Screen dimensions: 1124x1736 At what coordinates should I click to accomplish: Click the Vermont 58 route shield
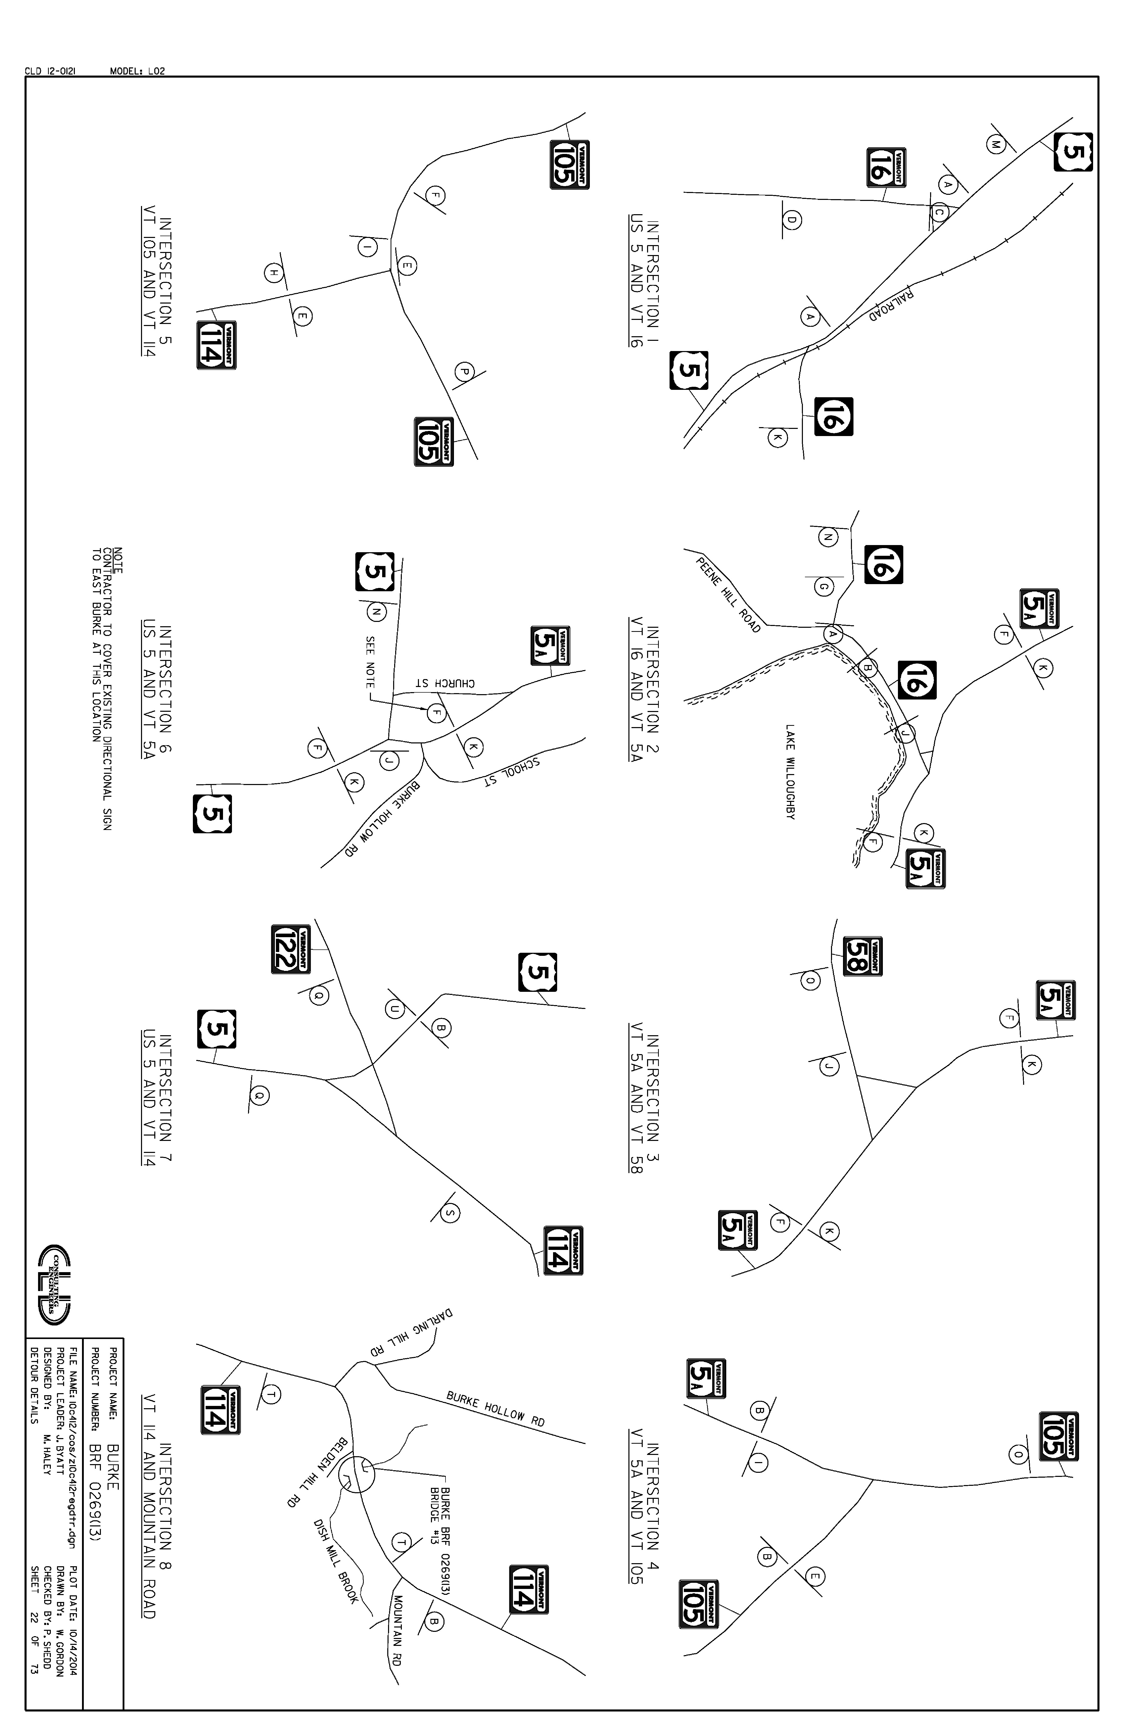click(863, 956)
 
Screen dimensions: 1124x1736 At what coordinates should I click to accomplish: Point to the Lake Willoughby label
click(790, 772)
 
